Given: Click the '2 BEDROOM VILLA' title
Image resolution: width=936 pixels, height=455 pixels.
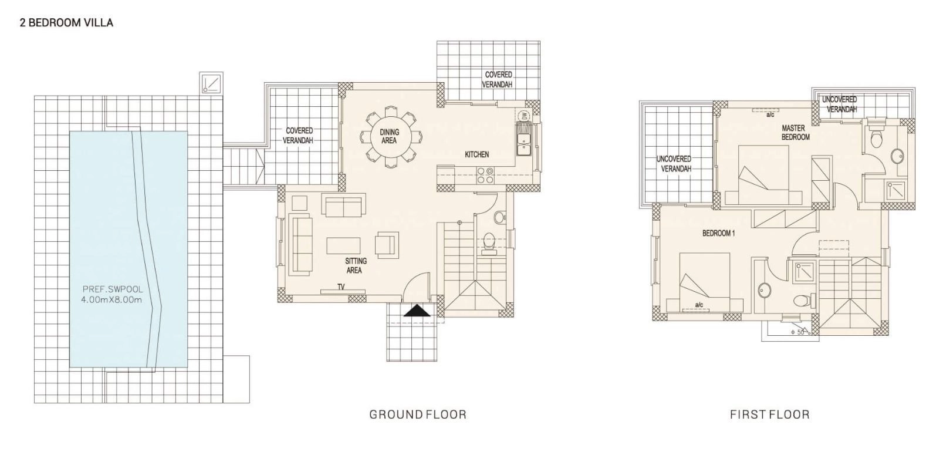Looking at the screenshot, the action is (66, 22).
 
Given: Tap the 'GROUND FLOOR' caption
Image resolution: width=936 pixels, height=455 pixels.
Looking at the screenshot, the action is (418, 415).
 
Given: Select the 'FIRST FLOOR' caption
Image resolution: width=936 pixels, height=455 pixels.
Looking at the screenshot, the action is (770, 415).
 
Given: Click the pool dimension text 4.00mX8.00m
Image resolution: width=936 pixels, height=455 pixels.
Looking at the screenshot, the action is (111, 300).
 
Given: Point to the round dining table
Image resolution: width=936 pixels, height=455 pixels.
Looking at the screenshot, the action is (390, 137).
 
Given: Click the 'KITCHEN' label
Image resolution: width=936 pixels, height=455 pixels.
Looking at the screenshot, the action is (477, 155).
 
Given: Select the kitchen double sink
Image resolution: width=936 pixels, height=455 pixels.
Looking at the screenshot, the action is (523, 139).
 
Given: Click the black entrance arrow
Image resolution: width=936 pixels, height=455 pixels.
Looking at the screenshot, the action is (417, 312).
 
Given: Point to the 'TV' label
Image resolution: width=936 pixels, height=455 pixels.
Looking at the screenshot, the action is (341, 287).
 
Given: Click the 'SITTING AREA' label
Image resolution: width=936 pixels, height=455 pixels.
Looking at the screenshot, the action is (356, 265).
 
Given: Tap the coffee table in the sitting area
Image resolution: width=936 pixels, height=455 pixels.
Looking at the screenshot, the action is (343, 246).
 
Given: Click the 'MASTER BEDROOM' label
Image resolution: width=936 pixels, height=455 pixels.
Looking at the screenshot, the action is (795, 133).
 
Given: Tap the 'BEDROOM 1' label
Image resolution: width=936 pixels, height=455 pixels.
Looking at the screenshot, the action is (718, 233).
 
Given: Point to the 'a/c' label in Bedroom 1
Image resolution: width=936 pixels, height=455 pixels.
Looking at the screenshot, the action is (699, 305).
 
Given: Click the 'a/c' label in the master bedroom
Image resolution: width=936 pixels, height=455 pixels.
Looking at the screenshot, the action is (770, 114).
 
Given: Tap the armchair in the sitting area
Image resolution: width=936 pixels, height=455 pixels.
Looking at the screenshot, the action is (387, 245).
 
